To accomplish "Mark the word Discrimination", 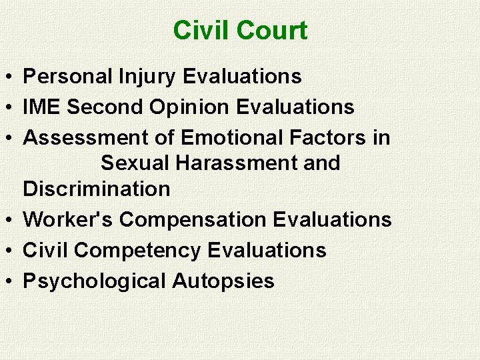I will point(97,189).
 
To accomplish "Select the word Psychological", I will point(95,281).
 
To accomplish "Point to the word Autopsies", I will point(223,281).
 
